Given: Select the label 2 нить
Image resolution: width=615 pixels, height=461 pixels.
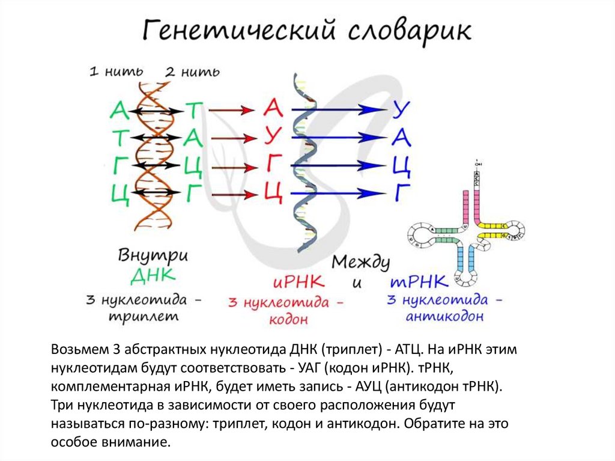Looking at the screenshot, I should tap(192, 72).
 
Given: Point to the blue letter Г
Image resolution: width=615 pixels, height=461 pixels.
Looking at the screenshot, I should tap(401, 192).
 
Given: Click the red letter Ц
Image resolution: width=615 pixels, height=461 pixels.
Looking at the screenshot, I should tap(273, 192).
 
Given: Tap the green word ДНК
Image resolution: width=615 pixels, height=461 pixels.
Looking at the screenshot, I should tap(153, 276).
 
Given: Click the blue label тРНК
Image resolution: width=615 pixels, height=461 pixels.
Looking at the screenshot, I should tap(418, 281).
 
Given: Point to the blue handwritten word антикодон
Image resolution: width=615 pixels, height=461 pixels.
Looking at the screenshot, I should tap(444, 317).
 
